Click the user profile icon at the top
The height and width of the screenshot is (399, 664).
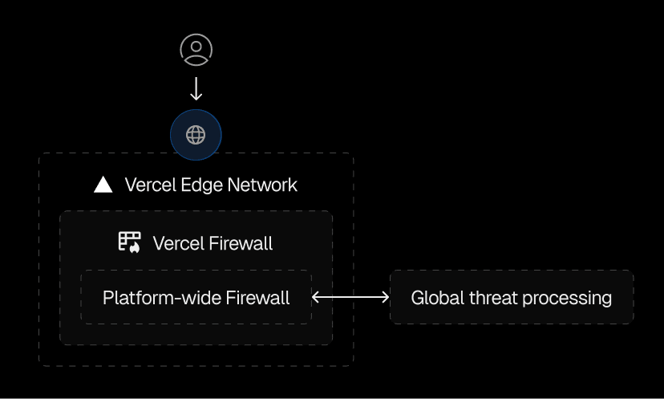(196, 50)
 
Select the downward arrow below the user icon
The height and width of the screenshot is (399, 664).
(196, 88)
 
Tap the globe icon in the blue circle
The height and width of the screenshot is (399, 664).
(196, 134)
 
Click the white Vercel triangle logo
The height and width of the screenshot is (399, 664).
(103, 185)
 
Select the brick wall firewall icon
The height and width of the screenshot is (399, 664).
(129, 242)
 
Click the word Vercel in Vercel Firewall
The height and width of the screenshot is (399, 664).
(178, 242)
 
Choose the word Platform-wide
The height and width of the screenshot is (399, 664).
(153, 298)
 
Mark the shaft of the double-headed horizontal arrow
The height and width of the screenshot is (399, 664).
(350, 297)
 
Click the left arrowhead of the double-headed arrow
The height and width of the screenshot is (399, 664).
(315, 297)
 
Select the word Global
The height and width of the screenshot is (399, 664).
(434, 298)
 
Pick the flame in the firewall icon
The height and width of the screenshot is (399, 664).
(135, 247)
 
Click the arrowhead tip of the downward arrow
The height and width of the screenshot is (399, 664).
(196, 98)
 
